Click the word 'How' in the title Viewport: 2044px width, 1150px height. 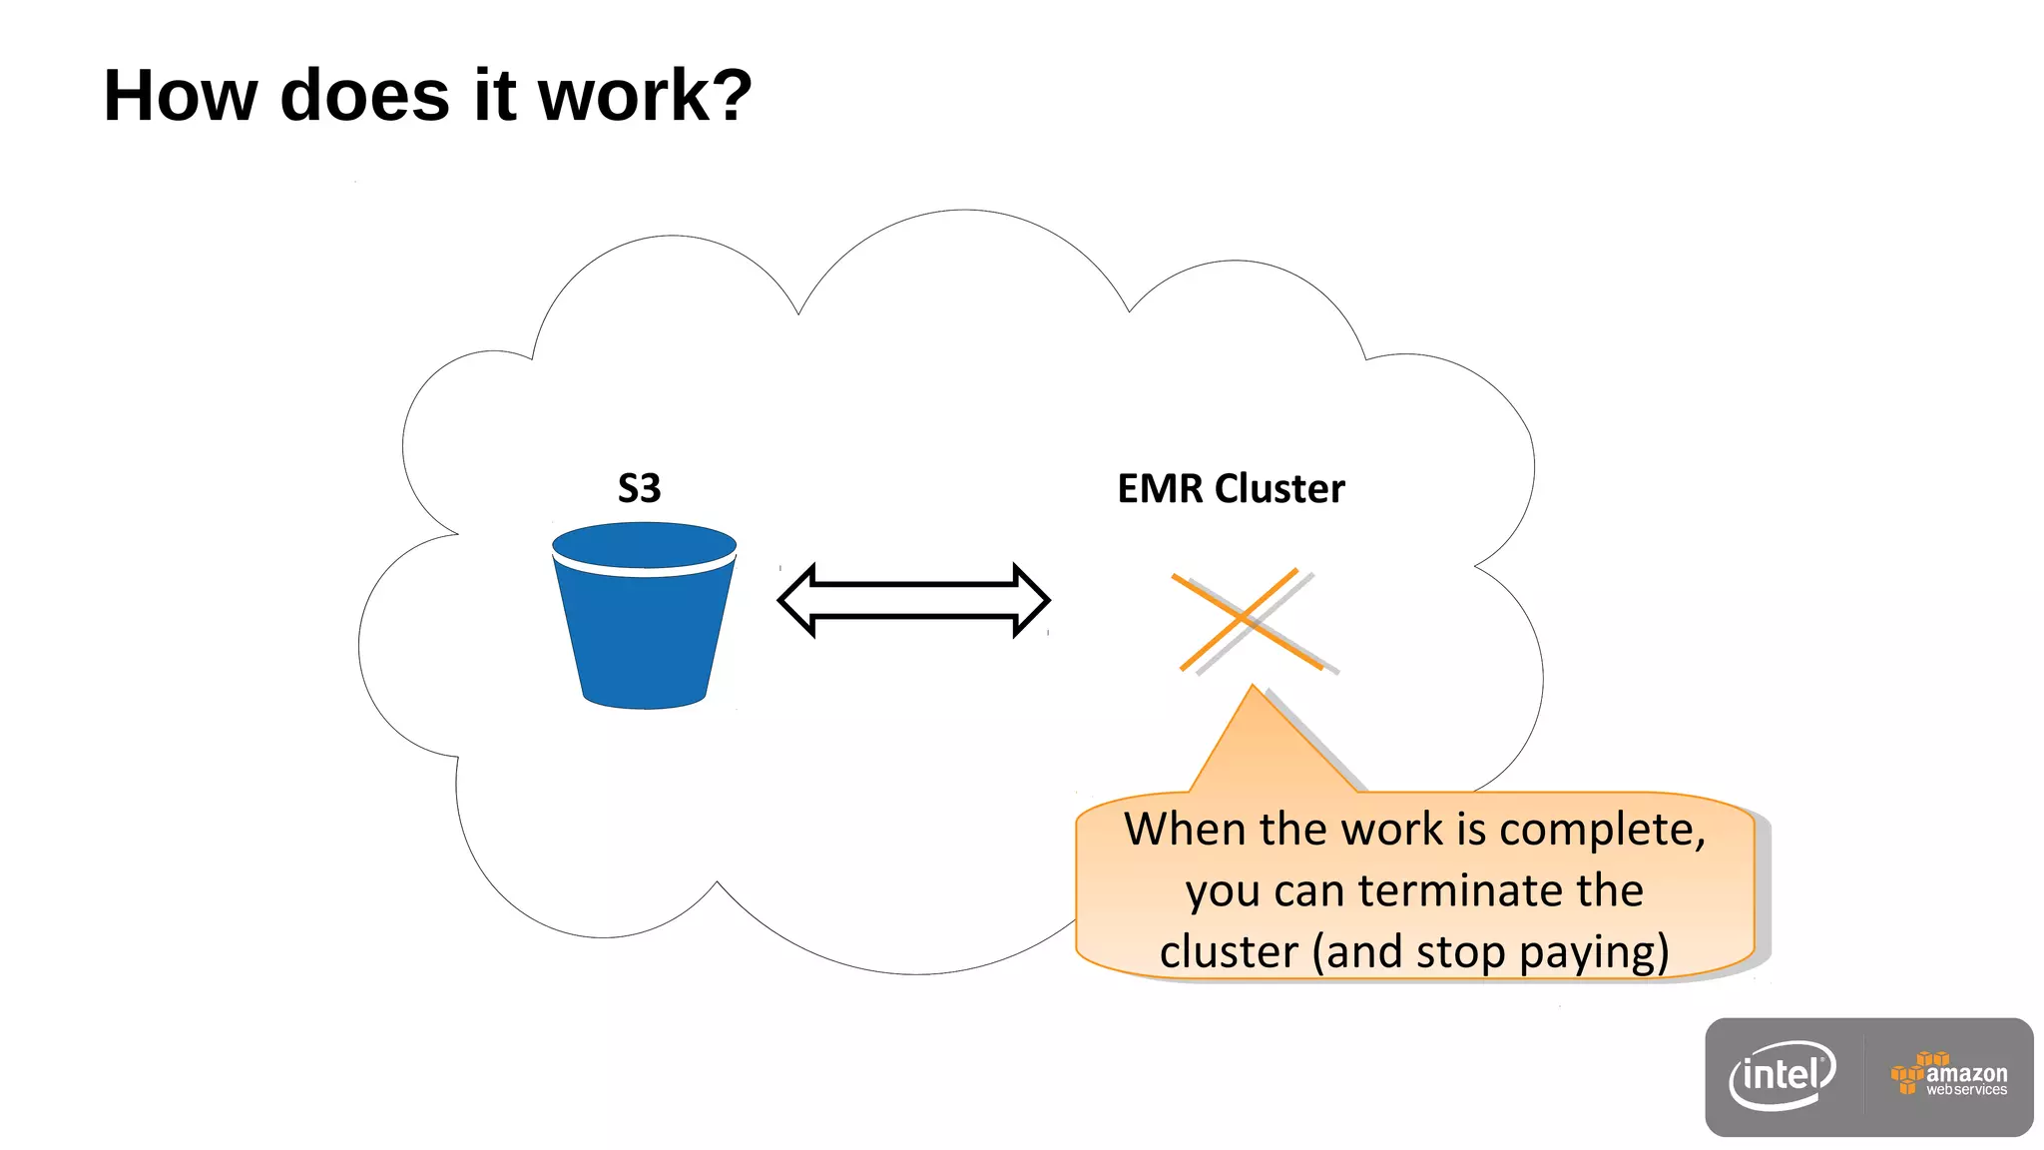click(x=181, y=96)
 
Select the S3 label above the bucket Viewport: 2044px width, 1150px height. click(x=639, y=488)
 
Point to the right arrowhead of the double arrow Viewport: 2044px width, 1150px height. click(x=1030, y=600)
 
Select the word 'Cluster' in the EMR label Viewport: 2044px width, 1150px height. click(x=1279, y=488)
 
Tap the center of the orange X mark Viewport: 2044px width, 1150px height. click(x=1244, y=619)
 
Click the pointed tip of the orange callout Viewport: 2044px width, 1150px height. click(x=1253, y=689)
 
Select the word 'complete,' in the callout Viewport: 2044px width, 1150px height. click(x=1602, y=830)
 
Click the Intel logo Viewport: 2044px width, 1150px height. click(x=1783, y=1076)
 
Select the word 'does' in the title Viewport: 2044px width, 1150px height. click(x=365, y=96)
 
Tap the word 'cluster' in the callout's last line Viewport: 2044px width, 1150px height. click(x=1229, y=952)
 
